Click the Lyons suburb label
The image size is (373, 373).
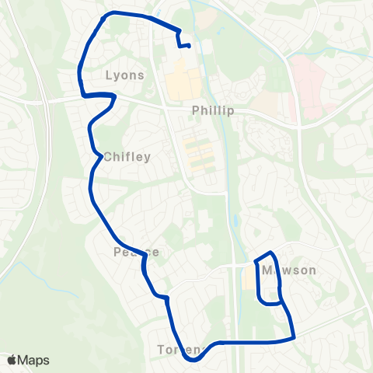click(x=124, y=75)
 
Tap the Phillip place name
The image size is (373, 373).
click(x=213, y=111)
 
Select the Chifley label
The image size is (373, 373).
click(x=127, y=157)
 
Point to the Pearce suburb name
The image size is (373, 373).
click(x=136, y=253)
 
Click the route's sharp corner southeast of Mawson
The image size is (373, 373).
click(x=295, y=337)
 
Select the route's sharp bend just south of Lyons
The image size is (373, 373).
click(x=114, y=96)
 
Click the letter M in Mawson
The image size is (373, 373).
click(x=268, y=270)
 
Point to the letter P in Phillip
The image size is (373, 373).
click(x=197, y=111)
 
